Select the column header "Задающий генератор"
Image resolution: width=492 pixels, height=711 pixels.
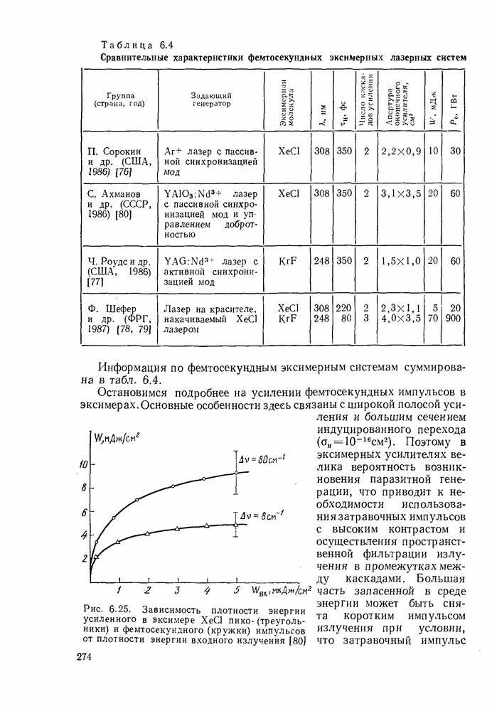point(211,100)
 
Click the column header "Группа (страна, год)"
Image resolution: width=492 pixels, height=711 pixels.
point(119,100)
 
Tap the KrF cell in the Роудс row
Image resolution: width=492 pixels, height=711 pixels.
point(289,261)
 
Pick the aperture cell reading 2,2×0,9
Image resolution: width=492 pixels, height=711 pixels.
point(401,151)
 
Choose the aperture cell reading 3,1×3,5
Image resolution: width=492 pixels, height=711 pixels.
point(401,193)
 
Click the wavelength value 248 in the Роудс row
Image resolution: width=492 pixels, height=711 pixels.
point(322,261)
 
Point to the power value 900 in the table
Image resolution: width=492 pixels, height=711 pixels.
point(456,319)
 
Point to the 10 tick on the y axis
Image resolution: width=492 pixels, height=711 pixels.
point(82,464)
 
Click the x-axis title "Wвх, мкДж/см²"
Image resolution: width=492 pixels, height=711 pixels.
point(281,590)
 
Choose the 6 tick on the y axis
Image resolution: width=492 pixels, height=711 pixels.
point(84,512)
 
